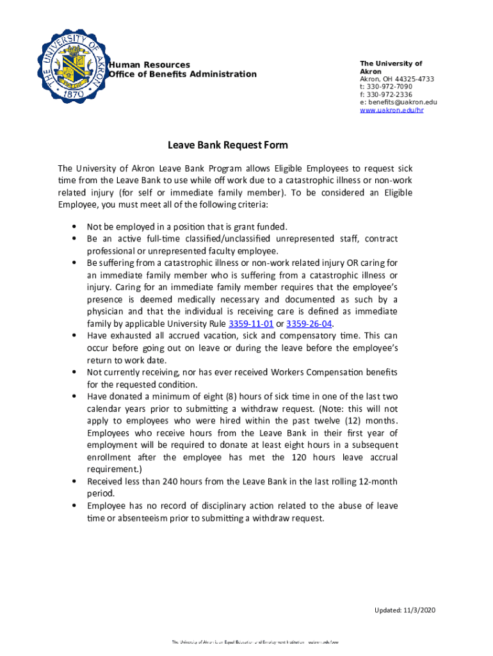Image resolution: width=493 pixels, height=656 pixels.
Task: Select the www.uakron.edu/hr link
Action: (x=391, y=110)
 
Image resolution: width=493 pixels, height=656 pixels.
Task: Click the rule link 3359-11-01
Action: (x=247, y=324)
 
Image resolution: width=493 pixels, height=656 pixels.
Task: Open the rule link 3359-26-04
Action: (x=309, y=324)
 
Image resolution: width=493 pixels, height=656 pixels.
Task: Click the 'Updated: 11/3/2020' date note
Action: (x=405, y=609)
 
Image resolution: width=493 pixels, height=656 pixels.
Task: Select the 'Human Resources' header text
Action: (x=149, y=65)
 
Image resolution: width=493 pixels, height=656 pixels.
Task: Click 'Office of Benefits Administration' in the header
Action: (x=182, y=74)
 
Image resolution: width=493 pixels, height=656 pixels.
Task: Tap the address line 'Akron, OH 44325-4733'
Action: (x=396, y=79)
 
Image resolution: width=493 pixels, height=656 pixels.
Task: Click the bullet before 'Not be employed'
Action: (x=75, y=227)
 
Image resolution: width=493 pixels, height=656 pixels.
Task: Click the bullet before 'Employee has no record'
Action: (x=75, y=506)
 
